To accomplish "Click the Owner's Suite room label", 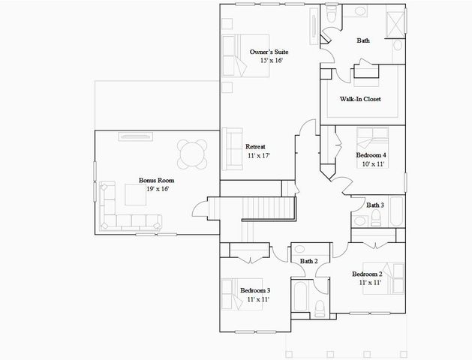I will pos(269,52).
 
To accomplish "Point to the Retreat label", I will pos(257,146).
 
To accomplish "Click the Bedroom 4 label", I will pos(371,155).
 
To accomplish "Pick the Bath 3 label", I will pos(375,205).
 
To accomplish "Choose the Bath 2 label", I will pos(309,261).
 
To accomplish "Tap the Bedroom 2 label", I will pos(367,274).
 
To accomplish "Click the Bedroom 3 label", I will pos(255,290).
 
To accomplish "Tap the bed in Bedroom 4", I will pos(371,139).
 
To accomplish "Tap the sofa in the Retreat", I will pos(229,145).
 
